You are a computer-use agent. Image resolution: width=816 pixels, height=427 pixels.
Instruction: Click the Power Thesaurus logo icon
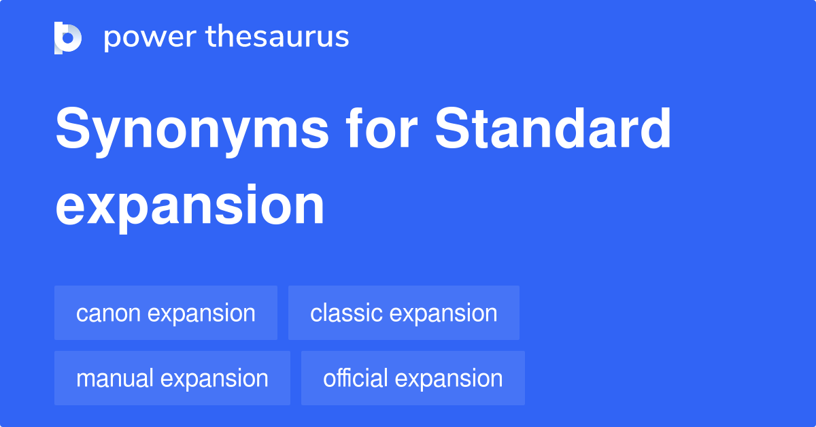68,37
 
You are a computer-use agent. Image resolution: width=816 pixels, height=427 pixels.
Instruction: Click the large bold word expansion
190,205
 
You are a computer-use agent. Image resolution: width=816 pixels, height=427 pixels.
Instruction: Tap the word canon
108,313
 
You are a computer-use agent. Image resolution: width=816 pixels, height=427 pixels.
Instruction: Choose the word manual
114,379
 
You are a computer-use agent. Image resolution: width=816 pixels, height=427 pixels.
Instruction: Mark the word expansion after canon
201,313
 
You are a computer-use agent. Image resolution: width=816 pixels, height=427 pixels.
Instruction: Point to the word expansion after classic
443,313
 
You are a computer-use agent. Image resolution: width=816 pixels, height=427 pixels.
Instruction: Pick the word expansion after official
449,379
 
